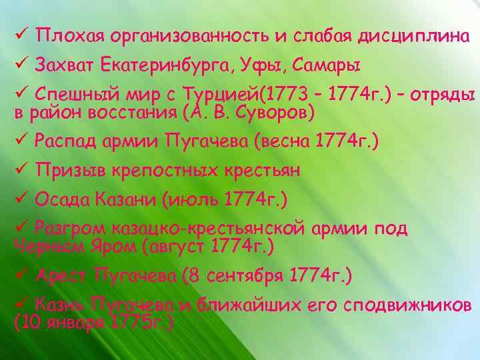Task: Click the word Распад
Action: point(65,141)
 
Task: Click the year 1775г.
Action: point(141,323)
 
